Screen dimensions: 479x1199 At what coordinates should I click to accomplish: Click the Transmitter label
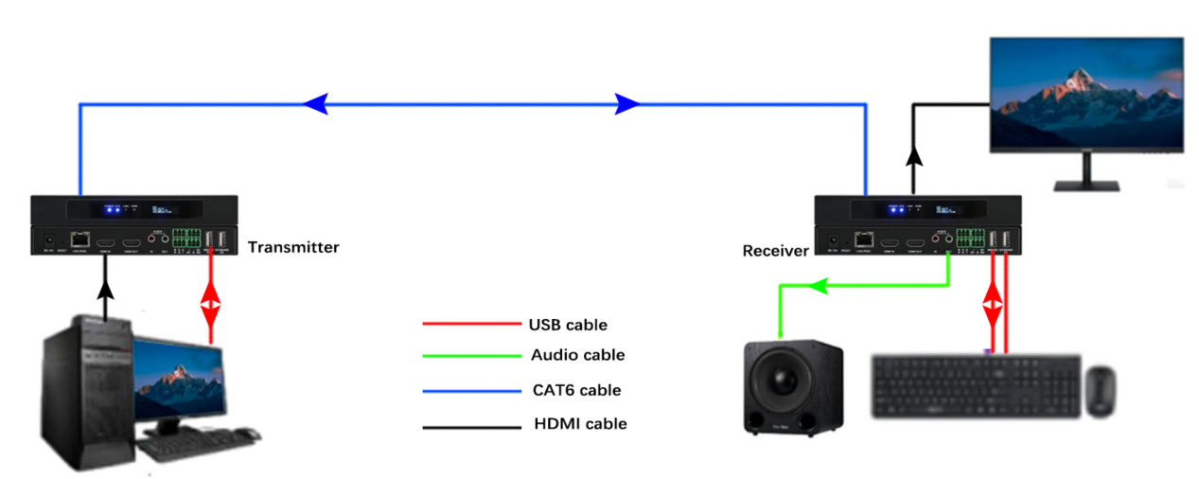pos(293,247)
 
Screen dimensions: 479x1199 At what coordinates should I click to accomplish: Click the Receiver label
pos(776,251)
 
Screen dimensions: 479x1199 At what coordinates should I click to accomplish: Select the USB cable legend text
pos(568,325)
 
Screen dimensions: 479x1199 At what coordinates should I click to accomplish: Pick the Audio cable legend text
pos(578,355)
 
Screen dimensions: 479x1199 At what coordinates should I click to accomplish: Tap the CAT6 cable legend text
pos(576,390)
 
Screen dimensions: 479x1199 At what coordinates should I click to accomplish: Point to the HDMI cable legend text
pos(580,424)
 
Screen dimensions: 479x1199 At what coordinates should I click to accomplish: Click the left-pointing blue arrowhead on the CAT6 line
pos(316,104)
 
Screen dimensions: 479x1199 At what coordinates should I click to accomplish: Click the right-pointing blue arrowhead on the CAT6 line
pos(627,104)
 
